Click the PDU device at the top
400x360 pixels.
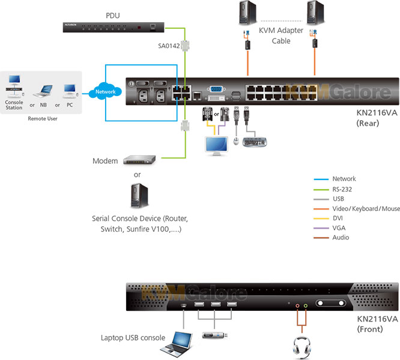coord(114,27)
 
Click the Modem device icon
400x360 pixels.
coord(139,160)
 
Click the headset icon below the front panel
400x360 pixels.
coord(301,347)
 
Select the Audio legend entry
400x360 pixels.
coord(341,238)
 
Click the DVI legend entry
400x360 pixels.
coord(339,218)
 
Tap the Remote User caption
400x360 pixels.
coord(41,119)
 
